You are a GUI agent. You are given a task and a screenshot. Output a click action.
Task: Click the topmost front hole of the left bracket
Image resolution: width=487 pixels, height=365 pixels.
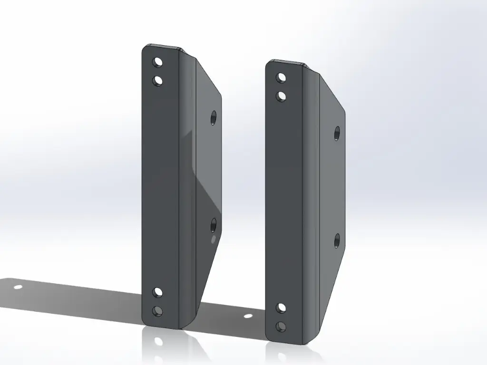(x=158, y=62)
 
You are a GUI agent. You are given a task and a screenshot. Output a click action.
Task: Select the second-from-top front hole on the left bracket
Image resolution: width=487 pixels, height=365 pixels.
(x=158, y=81)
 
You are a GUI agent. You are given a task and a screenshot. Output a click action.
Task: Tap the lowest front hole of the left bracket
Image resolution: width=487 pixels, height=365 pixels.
(x=157, y=311)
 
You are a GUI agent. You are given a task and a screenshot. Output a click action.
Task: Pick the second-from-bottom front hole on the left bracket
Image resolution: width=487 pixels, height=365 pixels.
(x=158, y=292)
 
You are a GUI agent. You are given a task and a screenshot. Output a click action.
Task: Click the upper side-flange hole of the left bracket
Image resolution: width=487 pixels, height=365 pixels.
(x=213, y=116)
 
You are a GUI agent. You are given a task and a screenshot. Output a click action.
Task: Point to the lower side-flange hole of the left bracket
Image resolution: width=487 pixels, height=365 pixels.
(x=213, y=223)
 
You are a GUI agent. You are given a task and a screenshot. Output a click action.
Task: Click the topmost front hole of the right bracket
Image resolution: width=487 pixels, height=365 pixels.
(x=282, y=77)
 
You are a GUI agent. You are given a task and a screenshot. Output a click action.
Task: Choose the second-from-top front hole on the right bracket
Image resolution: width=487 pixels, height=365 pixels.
(x=282, y=96)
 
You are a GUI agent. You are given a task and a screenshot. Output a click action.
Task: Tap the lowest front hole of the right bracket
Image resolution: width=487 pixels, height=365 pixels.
(x=281, y=327)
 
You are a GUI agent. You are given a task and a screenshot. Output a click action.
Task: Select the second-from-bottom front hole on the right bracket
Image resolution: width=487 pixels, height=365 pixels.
(x=282, y=308)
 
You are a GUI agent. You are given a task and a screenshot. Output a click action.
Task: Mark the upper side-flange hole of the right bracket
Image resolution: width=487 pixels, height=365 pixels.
(x=337, y=133)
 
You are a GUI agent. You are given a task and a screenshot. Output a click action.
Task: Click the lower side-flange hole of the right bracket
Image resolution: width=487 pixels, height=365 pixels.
(x=337, y=240)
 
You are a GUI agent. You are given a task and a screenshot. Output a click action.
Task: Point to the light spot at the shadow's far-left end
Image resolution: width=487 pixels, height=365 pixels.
(x=18, y=287)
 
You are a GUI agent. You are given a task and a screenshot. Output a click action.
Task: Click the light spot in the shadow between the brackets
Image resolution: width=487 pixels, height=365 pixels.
(x=248, y=316)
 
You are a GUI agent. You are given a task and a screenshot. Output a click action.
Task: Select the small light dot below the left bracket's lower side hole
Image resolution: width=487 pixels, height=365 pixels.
(x=213, y=239)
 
